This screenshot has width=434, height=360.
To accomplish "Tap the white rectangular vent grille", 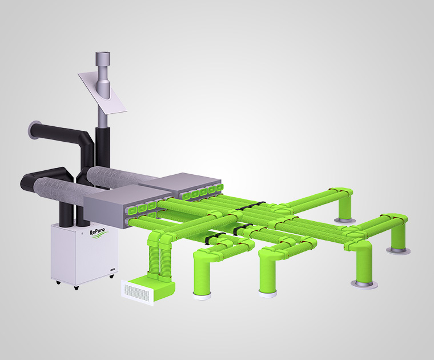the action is click(137, 293).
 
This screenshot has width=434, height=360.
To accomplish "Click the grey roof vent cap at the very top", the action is click(102, 58).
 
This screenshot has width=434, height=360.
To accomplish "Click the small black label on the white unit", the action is click(112, 269).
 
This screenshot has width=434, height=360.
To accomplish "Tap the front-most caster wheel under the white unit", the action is click(76, 287).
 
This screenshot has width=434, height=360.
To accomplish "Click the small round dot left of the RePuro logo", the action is click(82, 235).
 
